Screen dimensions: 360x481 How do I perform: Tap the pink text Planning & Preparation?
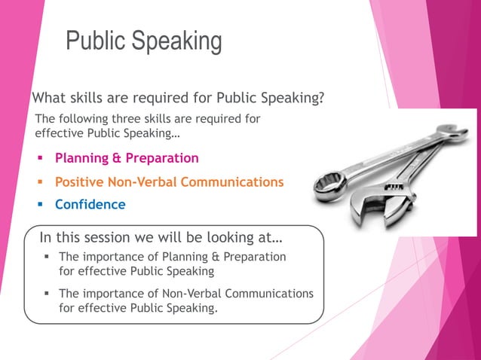pos(127,158)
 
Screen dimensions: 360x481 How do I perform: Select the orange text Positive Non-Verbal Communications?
pos(169,182)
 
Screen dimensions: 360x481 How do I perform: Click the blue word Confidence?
pos(90,204)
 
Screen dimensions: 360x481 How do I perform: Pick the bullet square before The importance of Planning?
pos(47,257)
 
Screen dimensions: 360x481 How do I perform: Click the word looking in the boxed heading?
pos(222,238)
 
